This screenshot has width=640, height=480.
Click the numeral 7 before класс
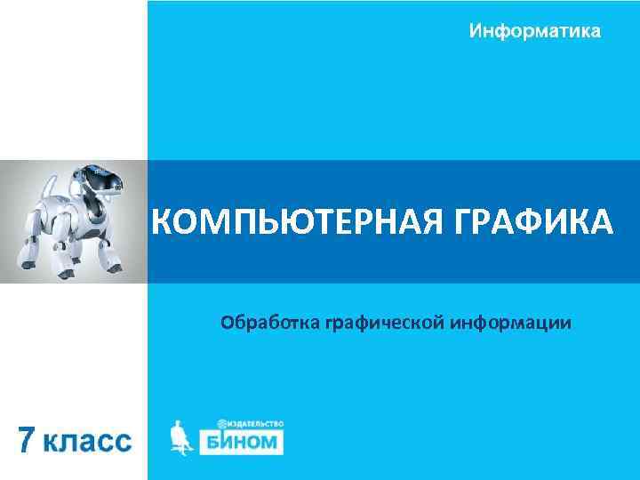(29, 440)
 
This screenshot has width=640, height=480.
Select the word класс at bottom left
(89, 442)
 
